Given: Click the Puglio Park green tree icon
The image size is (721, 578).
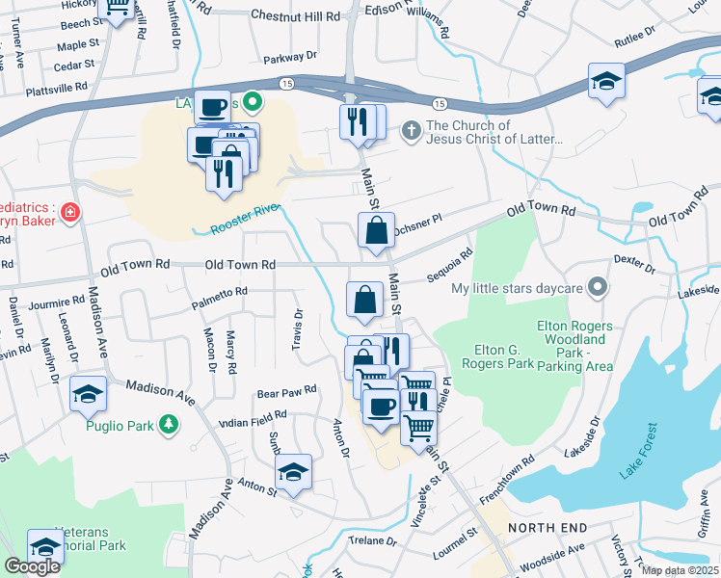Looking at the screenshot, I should (x=169, y=424).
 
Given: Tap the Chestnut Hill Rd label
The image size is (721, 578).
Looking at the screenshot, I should (x=295, y=16).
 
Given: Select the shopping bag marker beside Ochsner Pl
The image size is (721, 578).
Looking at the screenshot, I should (x=376, y=231).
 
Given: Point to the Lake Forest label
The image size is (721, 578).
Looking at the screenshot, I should (x=637, y=450).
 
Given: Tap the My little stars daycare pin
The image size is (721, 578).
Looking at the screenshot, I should (x=599, y=287).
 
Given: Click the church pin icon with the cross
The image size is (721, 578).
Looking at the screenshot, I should (x=411, y=129).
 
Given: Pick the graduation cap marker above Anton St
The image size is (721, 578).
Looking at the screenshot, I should (x=294, y=472).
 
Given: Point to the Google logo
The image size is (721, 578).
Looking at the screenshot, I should (x=32, y=566).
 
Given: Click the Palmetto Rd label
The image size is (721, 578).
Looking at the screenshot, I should (x=219, y=291).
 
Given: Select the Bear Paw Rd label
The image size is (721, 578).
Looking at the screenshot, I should (x=286, y=391).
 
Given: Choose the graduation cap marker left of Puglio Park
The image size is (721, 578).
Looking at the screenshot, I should (x=88, y=394).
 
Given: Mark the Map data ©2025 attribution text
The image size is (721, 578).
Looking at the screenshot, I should (x=679, y=570).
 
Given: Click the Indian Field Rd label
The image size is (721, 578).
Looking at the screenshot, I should (x=253, y=415).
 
